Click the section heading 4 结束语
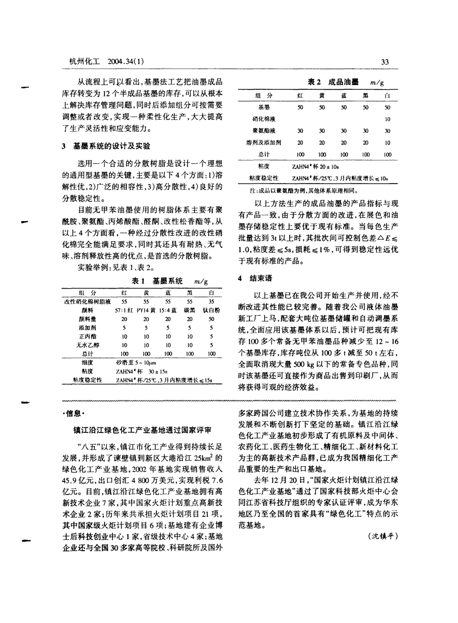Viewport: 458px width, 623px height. pos(254,277)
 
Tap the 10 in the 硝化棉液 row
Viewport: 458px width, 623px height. pos(387,119)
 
